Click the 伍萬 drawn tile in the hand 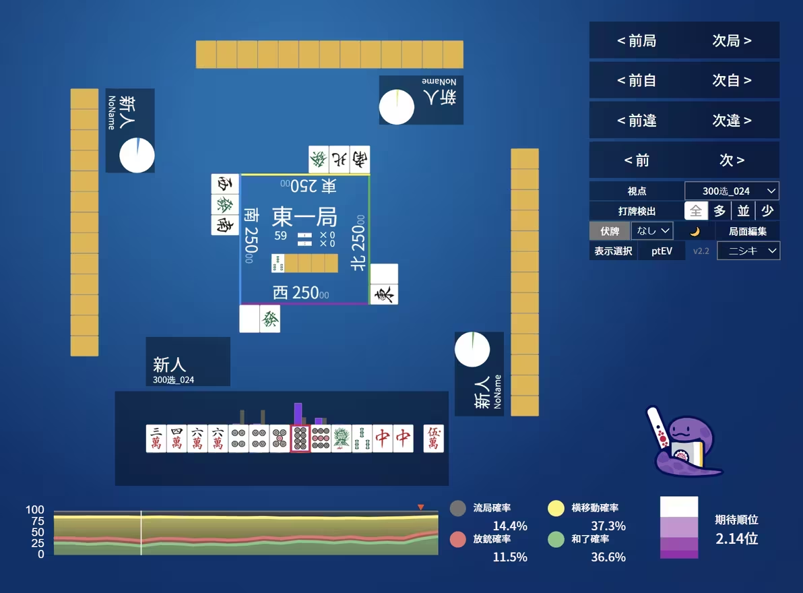tap(433, 439)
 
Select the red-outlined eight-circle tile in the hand tap(300, 439)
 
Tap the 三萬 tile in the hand tap(156, 439)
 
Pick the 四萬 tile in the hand tap(176, 439)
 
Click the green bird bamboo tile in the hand tap(341, 439)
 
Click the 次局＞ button tap(732, 41)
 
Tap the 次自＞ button tap(732, 81)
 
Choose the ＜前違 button tap(637, 121)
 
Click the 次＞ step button tap(732, 160)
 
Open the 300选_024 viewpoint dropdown tap(732, 191)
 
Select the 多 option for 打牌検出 tap(719, 211)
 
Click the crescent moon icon tap(695, 231)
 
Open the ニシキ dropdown tap(748, 251)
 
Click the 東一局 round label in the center tap(304, 217)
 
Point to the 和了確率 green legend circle tap(555, 539)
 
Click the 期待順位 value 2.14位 tap(736, 538)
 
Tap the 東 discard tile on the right tap(384, 294)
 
